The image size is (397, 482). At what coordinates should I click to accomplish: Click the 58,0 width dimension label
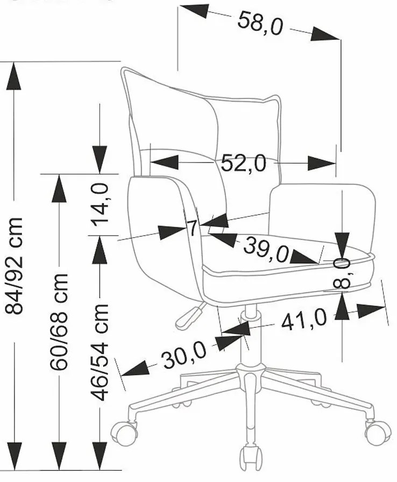[260, 24]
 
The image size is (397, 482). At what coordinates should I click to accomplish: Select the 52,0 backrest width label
[243, 162]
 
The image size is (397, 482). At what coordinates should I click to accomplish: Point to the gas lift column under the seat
[249, 339]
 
